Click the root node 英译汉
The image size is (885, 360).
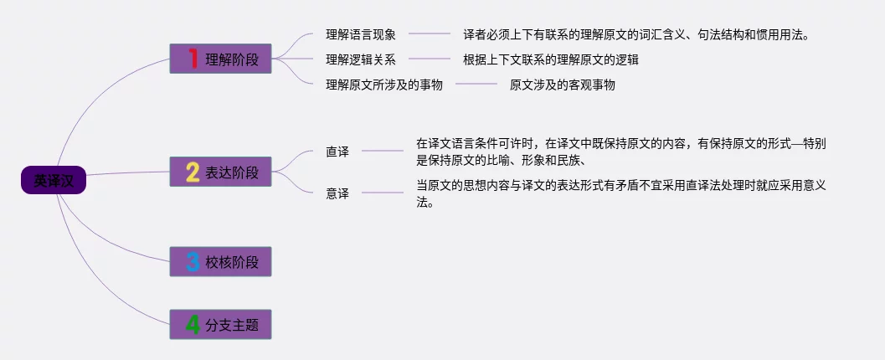click(54, 180)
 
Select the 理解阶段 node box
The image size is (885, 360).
click(220, 59)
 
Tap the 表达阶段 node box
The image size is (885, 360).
click(220, 172)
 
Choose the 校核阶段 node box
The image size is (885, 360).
click(220, 262)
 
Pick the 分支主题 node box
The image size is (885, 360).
click(220, 324)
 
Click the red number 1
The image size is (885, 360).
click(192, 59)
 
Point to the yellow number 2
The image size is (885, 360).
click(192, 172)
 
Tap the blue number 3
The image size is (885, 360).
click(192, 262)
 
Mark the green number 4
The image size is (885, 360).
click(192, 324)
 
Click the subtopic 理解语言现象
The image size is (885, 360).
click(360, 35)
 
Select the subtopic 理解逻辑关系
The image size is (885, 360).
click(360, 59)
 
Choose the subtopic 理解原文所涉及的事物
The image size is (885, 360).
click(383, 85)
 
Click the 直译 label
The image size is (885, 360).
click(337, 152)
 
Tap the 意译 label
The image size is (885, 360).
click(337, 193)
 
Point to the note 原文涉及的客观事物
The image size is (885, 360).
click(562, 85)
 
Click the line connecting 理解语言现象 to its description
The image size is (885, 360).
click(429, 35)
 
